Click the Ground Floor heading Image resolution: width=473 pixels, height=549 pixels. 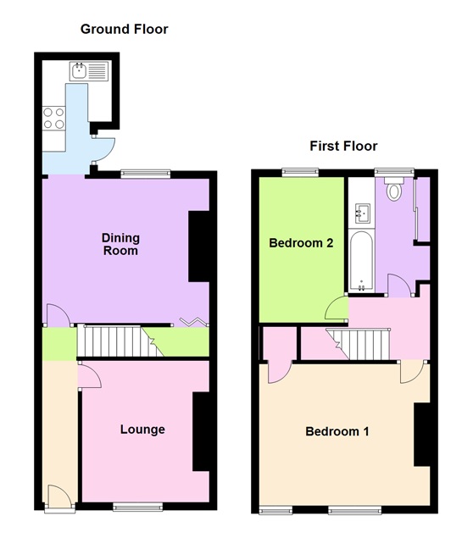124,30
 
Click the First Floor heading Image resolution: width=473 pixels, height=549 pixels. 342,146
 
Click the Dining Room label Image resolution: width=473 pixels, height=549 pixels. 120,244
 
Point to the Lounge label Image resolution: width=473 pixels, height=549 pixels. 142,430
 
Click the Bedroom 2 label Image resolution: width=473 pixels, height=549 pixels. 300,243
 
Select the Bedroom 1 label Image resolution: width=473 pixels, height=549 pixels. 337,431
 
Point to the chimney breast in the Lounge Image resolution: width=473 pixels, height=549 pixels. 201,431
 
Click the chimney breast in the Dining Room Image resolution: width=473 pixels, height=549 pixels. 198,246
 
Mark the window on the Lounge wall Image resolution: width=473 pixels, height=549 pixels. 138,507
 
